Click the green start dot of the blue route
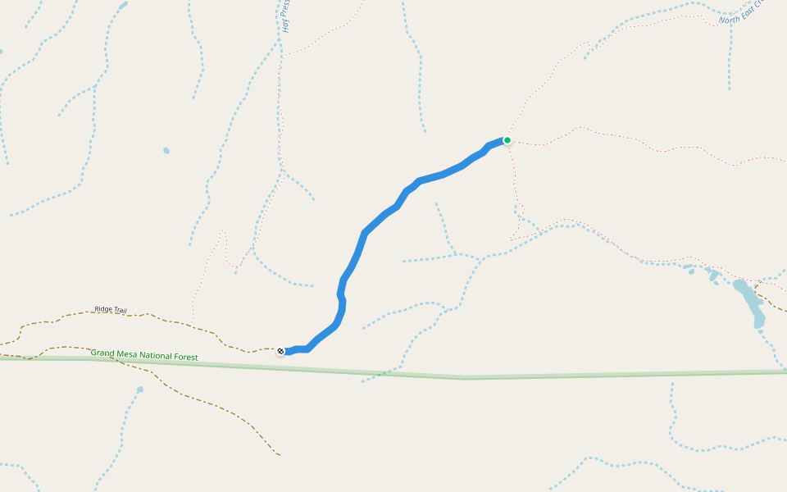click(x=507, y=140)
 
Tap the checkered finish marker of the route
click(x=281, y=352)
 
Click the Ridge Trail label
click(x=111, y=309)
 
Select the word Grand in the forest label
click(x=102, y=353)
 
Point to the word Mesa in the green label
click(x=127, y=353)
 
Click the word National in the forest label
click(x=157, y=355)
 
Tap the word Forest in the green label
click(x=186, y=357)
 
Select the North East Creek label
click(x=741, y=11)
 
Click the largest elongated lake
click(x=749, y=302)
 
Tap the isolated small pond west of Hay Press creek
click(x=166, y=151)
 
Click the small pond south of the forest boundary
click(x=140, y=389)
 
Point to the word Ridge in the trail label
click(x=103, y=309)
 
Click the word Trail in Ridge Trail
click(x=120, y=310)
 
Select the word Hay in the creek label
click(x=286, y=24)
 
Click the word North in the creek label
click(x=729, y=17)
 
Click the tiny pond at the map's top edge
click(x=124, y=4)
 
